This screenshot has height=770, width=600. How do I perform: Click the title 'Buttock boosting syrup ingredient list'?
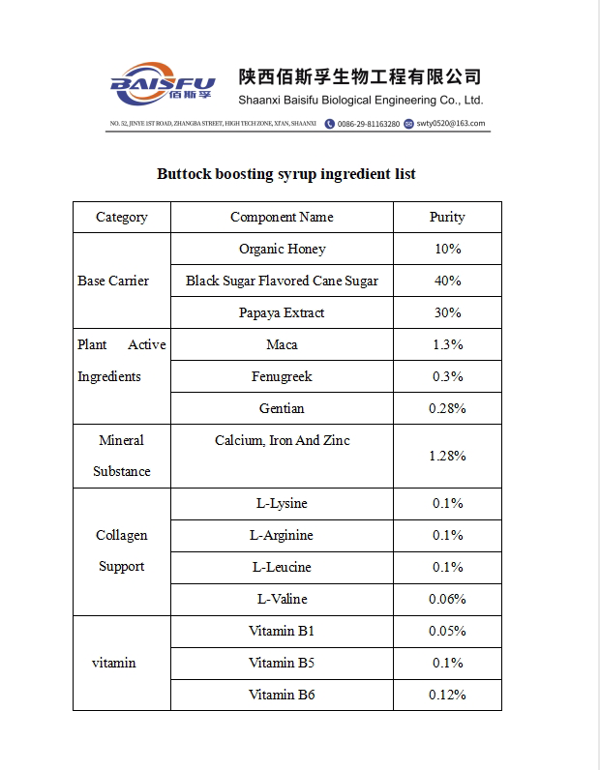(286, 174)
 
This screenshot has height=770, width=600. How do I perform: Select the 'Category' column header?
(122, 217)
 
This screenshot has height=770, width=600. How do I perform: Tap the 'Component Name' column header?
(282, 217)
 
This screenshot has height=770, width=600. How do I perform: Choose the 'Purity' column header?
(447, 217)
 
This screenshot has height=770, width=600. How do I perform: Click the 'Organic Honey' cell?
(283, 249)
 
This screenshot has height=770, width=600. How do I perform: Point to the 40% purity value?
(447, 281)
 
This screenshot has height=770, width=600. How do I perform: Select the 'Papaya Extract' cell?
(282, 312)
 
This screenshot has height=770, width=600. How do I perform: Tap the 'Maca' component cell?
(282, 344)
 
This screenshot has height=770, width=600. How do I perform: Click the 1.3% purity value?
(447, 344)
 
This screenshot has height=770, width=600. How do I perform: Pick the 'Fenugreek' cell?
(282, 376)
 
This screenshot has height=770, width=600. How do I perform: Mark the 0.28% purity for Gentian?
(447, 408)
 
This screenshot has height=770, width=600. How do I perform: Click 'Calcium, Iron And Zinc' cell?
(283, 440)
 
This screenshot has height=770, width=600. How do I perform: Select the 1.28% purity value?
(447, 456)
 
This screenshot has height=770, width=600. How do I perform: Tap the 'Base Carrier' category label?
(113, 281)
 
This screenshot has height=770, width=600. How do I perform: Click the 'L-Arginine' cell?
(282, 535)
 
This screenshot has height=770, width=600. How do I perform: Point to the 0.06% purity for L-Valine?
(447, 599)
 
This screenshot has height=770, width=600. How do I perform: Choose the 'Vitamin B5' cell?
(282, 663)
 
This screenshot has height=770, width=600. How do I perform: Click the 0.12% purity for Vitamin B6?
(447, 695)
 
